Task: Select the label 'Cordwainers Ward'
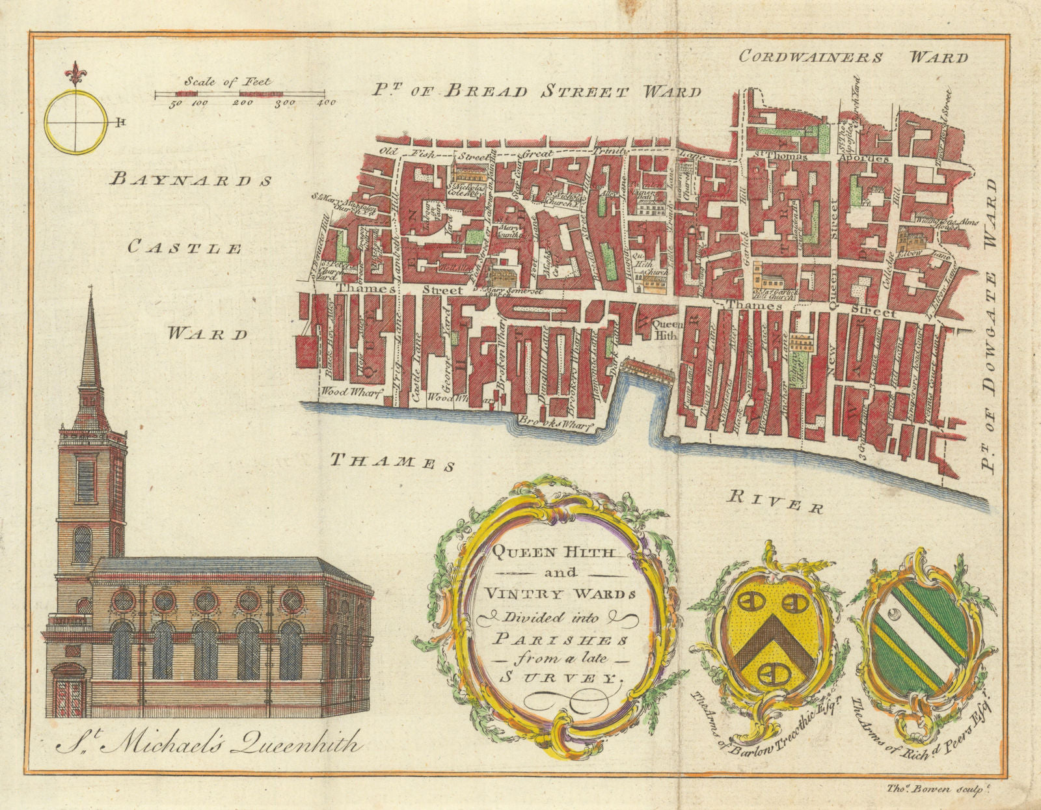853,57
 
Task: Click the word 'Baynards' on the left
191,180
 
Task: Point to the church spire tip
90,290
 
